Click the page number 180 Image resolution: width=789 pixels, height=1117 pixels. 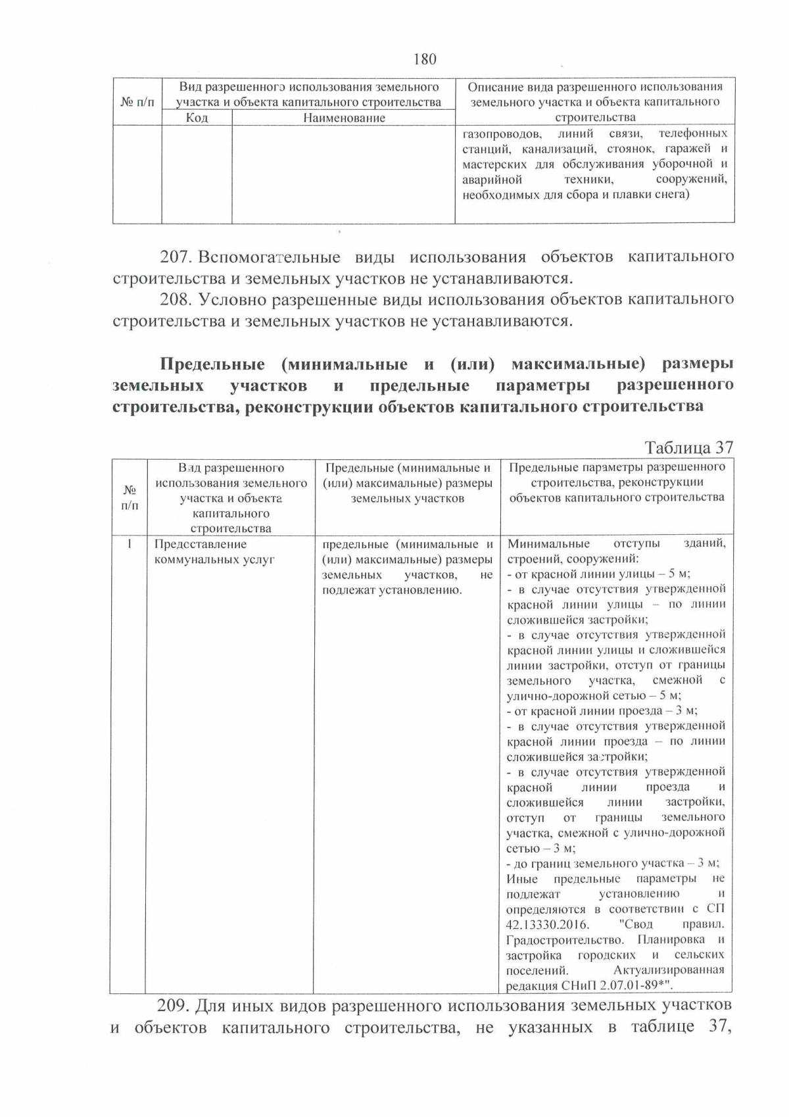[425, 59]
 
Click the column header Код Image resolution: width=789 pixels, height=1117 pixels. [197, 118]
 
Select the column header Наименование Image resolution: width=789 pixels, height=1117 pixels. [344, 118]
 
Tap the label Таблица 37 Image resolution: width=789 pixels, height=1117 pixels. [688, 447]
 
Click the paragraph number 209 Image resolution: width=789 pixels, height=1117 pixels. [174, 1005]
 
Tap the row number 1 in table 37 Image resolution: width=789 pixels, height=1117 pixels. [130, 544]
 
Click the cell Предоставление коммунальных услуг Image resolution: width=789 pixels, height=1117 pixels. [213, 552]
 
